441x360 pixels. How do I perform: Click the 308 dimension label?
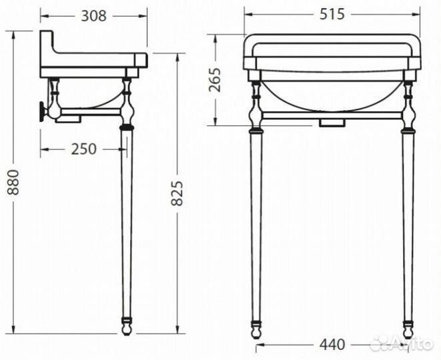click(x=93, y=15)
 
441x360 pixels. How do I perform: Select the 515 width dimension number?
click(x=332, y=14)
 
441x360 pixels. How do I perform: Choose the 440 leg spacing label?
click(x=331, y=345)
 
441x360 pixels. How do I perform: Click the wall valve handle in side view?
click(x=43, y=111)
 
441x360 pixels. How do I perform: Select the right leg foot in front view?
click(x=408, y=327)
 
